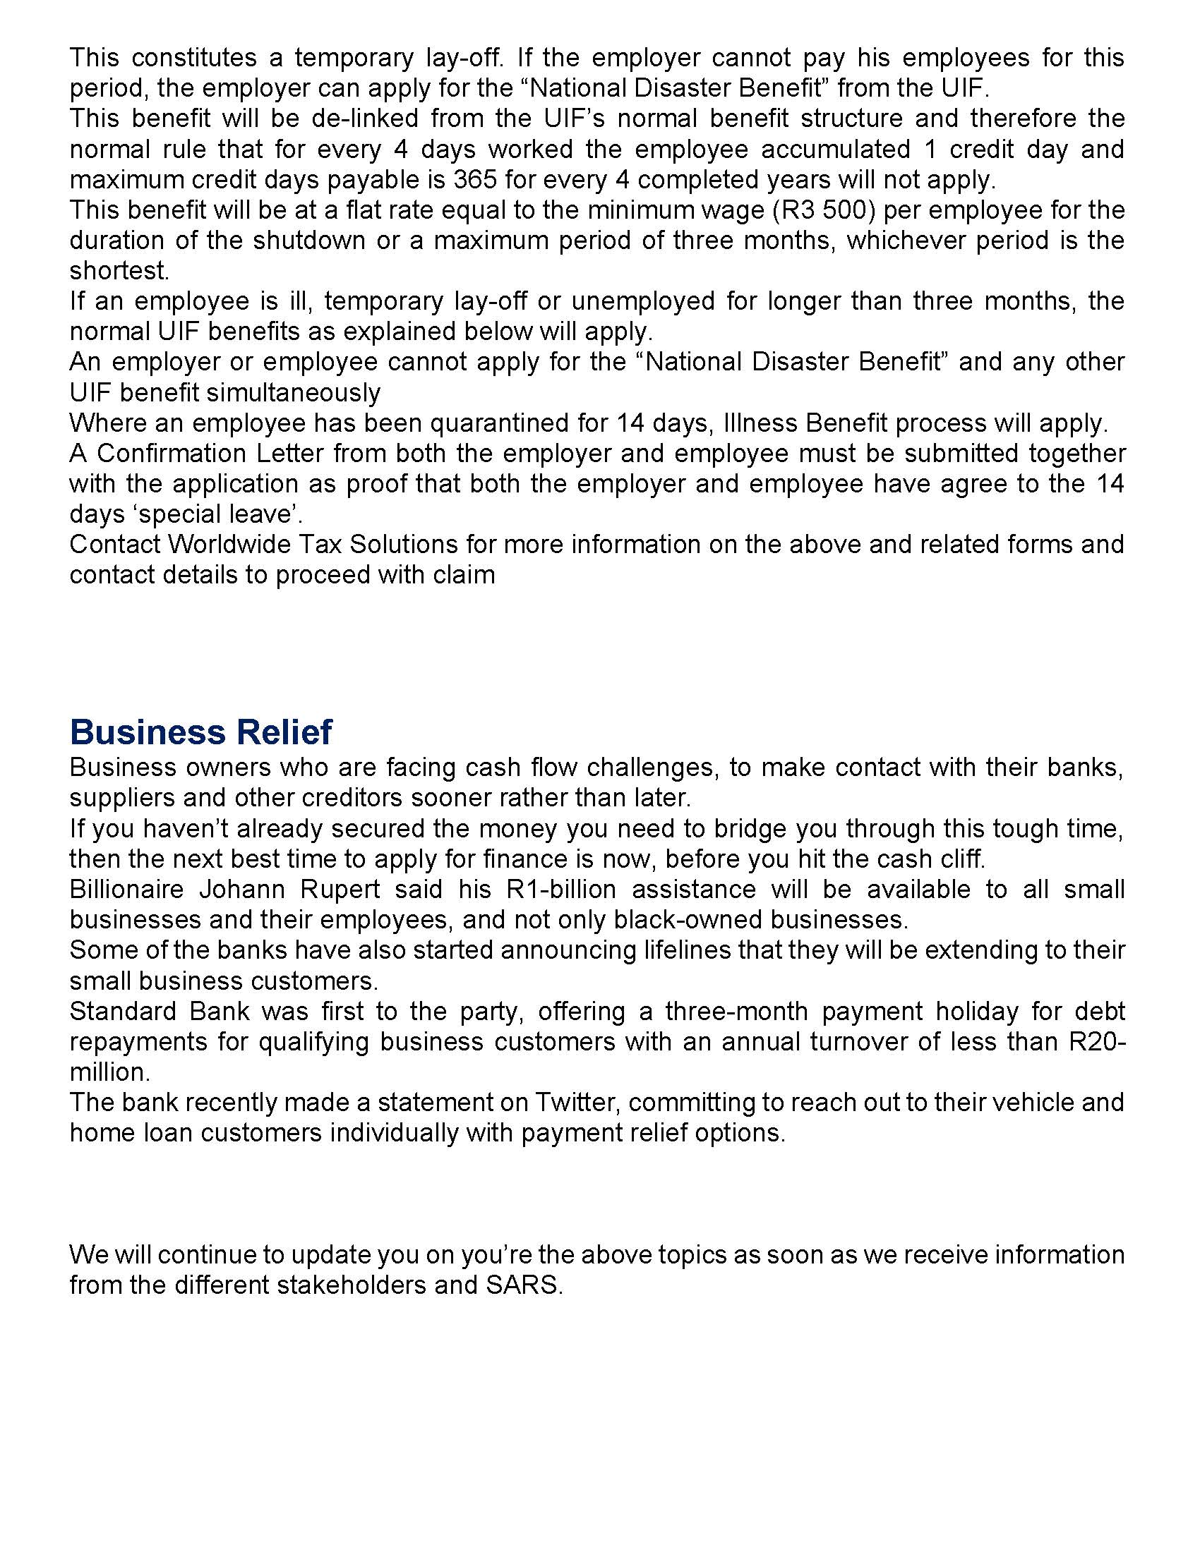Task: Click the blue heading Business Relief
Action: [200, 733]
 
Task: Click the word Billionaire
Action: [127, 890]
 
